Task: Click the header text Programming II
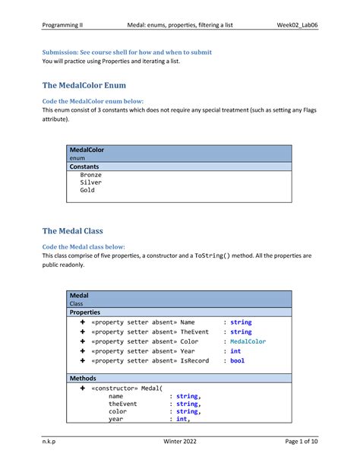(x=63, y=24)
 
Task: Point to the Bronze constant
(x=90, y=174)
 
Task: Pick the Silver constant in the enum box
(x=90, y=182)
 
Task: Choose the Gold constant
(x=87, y=191)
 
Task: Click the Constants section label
(x=89, y=165)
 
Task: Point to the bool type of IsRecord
(x=237, y=361)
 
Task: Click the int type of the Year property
(x=235, y=351)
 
